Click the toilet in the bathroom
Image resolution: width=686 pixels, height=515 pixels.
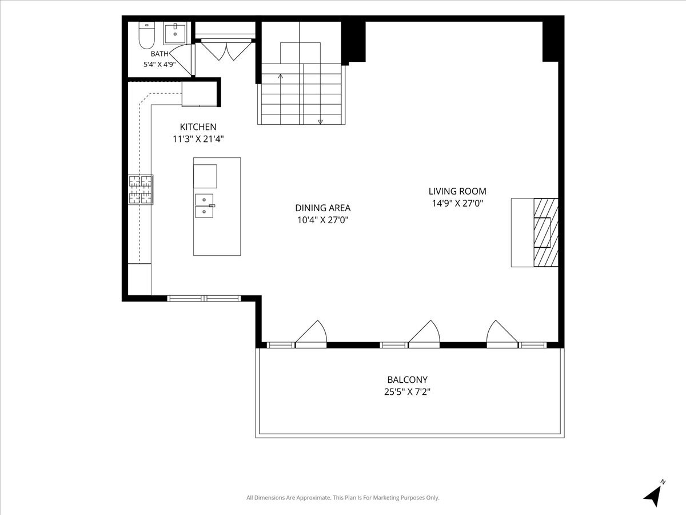coord(146,35)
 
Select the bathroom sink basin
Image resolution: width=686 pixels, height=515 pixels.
coord(175,33)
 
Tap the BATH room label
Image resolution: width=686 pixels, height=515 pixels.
coord(159,54)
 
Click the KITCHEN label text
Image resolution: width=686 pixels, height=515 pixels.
coord(198,127)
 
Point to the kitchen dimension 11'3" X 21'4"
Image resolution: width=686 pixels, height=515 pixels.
coord(198,139)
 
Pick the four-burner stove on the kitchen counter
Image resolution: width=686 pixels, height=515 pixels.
coord(141,190)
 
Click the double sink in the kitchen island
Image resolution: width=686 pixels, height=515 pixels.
coord(205,206)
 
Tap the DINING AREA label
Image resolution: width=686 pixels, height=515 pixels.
coord(323,208)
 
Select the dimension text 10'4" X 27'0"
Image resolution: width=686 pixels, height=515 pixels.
coord(323,220)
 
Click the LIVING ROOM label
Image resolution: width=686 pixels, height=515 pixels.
coord(457,191)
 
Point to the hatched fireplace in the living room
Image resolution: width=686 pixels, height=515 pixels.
coord(546,232)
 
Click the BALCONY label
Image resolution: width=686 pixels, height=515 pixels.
coord(407,379)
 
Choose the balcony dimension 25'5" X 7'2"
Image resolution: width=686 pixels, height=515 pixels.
coord(407,392)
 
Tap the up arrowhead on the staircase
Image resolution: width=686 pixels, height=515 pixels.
coord(280,76)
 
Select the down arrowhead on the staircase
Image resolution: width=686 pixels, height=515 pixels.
coord(320,122)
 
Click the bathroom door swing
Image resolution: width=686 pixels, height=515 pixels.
coord(181,60)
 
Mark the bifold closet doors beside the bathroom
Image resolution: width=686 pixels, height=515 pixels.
coord(226,50)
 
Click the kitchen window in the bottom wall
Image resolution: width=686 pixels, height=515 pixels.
coord(204,298)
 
